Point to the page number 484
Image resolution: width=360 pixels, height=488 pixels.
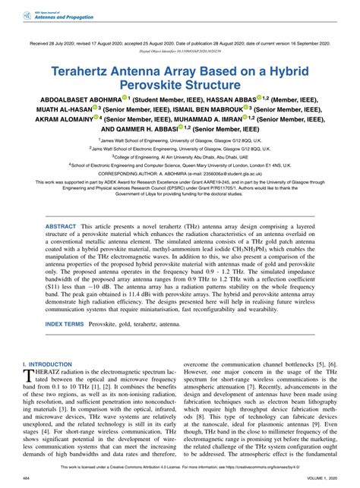click(x=27, y=478)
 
